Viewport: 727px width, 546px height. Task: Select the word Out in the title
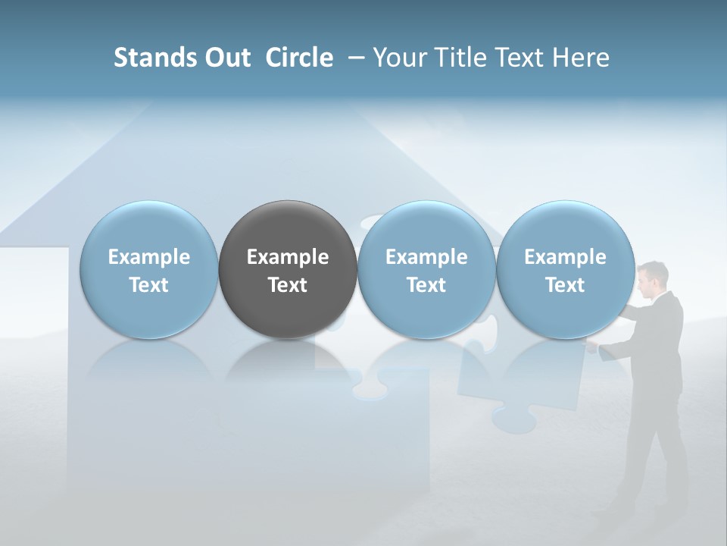click(226, 58)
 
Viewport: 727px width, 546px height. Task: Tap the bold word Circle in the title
click(299, 58)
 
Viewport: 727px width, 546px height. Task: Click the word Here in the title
click(581, 58)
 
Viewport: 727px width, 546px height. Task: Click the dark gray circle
click(288, 269)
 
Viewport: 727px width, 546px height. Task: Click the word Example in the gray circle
click(288, 257)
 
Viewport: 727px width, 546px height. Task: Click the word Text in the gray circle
click(288, 285)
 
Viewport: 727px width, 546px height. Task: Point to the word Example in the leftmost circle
click(149, 257)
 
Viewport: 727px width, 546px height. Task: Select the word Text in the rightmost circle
click(566, 285)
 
